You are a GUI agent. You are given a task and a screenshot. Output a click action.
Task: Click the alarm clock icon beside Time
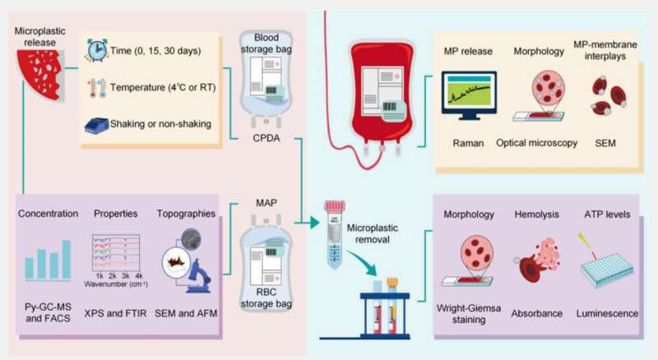pyautogui.click(x=96, y=50)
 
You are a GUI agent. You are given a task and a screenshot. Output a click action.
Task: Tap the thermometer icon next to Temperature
pyautogui.click(x=97, y=88)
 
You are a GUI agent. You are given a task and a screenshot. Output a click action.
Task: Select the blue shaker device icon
pyautogui.click(x=96, y=125)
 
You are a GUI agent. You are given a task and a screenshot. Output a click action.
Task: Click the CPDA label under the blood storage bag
pyautogui.click(x=266, y=138)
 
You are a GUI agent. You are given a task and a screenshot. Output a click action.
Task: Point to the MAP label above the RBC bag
pyautogui.click(x=266, y=203)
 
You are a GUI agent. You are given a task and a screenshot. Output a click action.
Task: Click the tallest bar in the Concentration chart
pyautogui.click(x=67, y=260)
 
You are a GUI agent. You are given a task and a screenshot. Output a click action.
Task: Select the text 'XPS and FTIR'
pyautogui.click(x=115, y=313)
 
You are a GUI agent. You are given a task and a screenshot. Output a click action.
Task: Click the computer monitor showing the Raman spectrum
pyautogui.click(x=469, y=95)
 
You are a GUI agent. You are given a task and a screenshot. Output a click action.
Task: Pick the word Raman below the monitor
pyautogui.click(x=468, y=143)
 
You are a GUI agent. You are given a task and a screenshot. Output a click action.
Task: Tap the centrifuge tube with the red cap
pyautogui.click(x=335, y=234)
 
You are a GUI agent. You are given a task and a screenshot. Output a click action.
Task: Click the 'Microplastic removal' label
pyautogui.click(x=373, y=233)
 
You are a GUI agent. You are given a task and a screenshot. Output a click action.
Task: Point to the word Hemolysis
pyautogui.click(x=537, y=215)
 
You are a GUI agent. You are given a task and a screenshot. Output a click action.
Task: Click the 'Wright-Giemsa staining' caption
pyautogui.click(x=469, y=314)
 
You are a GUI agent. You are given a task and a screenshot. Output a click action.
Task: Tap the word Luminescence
pyautogui.click(x=607, y=313)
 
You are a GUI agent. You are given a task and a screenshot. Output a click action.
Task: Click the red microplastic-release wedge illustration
pyautogui.click(x=40, y=75)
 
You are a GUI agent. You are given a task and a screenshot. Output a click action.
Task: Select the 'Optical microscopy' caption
pyautogui.click(x=536, y=143)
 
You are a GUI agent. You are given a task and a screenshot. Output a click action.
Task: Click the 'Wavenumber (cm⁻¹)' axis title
pyautogui.click(x=116, y=284)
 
